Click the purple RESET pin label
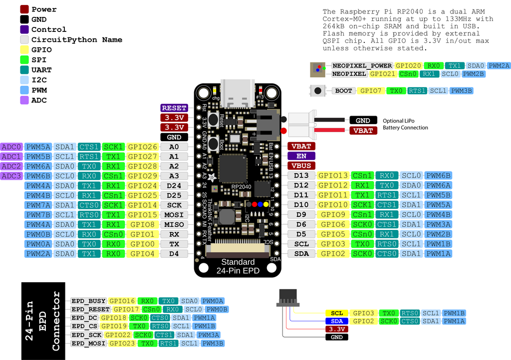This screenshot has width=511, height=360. tap(174, 108)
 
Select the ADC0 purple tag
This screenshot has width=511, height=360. tap(11, 147)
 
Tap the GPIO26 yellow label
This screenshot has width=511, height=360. tap(143, 147)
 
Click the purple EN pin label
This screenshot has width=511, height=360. tap(301, 156)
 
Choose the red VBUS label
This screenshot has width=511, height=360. tap(301, 166)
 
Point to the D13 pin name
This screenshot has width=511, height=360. tap(301, 176)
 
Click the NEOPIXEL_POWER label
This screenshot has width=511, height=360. tap(363, 65)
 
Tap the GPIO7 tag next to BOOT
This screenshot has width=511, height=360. tap(371, 91)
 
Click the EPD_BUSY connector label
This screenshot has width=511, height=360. tap(88, 301)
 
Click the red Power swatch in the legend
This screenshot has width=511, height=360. tap(24, 9)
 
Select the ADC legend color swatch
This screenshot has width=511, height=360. tap(24, 100)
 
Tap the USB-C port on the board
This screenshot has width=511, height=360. tap(238, 94)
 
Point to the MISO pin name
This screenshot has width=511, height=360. tap(174, 224)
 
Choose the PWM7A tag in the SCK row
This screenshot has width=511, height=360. tap(38, 205)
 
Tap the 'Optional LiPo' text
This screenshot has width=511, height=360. tap(398, 121)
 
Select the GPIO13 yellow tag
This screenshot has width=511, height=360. tap(332, 176)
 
